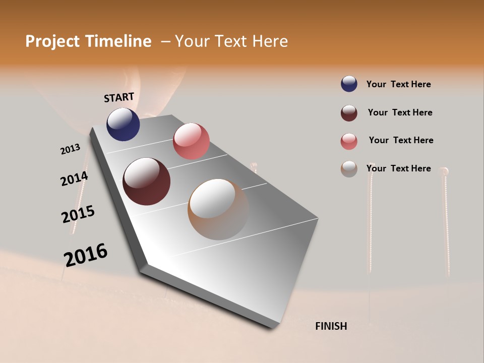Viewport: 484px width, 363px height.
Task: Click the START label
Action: (119, 97)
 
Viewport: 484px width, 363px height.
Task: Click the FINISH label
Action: (331, 326)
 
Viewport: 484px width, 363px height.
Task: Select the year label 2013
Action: (70, 149)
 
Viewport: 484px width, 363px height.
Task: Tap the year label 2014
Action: (74, 179)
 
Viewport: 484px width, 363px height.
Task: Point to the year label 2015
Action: (78, 214)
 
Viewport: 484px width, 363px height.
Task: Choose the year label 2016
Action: (86, 255)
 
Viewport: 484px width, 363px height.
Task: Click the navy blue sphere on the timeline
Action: (123, 124)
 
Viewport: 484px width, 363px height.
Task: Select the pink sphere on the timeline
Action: (191, 141)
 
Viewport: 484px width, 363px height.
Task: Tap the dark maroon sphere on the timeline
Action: (147, 181)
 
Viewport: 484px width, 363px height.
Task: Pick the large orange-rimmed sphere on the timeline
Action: (218, 209)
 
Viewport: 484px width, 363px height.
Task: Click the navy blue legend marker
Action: (349, 84)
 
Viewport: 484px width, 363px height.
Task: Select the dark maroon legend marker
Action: (349, 113)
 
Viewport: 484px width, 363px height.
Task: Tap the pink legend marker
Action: (349, 141)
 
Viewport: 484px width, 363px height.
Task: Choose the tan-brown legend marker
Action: (349, 169)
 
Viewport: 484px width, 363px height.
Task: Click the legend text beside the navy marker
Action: (398, 84)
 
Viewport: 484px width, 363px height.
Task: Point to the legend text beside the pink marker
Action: (401, 140)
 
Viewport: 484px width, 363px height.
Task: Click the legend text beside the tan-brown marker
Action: (398, 168)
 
